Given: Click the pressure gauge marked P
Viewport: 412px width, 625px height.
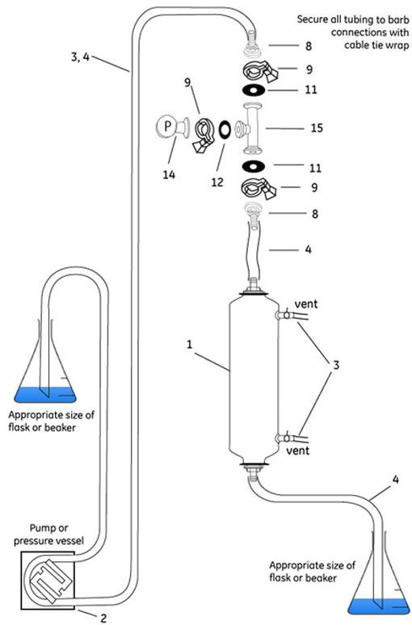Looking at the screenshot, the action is click(167, 127).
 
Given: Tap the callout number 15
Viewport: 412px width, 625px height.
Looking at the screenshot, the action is click(317, 128).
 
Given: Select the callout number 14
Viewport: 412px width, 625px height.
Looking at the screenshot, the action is click(169, 174).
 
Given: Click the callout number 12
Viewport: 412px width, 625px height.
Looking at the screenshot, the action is click(217, 182).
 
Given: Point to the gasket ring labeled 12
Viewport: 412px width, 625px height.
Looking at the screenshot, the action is click(225, 129).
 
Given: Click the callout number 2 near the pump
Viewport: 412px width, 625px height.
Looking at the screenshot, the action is click(103, 618).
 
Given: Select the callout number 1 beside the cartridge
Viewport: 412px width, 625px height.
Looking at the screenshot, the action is click(190, 344).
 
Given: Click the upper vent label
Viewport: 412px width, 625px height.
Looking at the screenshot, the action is click(306, 304).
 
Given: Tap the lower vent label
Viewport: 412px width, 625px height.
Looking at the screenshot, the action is click(298, 451).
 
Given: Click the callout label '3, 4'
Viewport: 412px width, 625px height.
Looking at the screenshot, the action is click(80, 57).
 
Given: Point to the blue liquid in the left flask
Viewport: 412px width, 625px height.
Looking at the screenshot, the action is click(44, 394).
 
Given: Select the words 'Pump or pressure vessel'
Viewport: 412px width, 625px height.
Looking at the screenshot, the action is click(49, 535).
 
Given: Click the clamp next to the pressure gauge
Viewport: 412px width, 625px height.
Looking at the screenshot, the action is click(204, 134).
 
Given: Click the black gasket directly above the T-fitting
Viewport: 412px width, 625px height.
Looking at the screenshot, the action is click(254, 90).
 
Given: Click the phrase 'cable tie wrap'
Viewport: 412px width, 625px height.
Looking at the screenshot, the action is click(377, 44).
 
